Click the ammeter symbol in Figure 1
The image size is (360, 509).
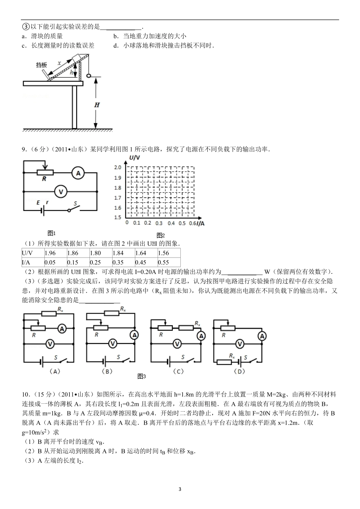pos(78,173)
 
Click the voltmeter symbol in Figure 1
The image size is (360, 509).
pos(60,192)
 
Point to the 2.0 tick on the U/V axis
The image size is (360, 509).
pos(117,167)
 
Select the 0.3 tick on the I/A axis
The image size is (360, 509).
pos(159,223)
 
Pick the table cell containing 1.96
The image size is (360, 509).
pos(55,253)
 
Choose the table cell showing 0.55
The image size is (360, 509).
pos(169,262)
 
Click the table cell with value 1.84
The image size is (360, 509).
pos(124,253)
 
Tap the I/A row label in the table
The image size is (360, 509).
pos(33,262)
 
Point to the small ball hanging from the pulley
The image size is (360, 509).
pos(89,76)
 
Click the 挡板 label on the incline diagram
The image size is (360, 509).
pos(41,65)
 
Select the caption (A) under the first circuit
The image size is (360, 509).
pos(55,372)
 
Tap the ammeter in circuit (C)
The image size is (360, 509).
pos(202,336)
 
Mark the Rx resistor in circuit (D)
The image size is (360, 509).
pos(224,362)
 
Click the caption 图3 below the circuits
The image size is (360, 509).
pos(142,376)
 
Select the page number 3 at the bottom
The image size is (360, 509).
pos(180,489)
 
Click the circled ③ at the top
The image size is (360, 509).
pos(25,27)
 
